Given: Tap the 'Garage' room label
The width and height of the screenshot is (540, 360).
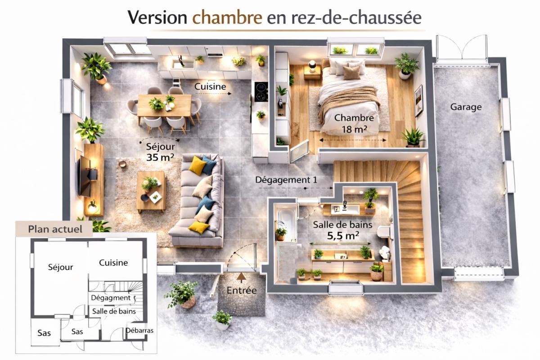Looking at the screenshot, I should pyautogui.click(x=466, y=107).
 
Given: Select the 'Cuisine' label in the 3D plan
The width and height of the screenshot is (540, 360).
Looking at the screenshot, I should pyautogui.click(x=210, y=86).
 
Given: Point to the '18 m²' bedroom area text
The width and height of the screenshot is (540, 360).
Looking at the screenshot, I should pyautogui.click(x=354, y=130).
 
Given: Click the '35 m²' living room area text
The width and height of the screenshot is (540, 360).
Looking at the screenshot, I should pyautogui.click(x=160, y=157).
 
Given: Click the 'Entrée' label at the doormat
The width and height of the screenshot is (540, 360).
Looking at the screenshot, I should pyautogui.click(x=241, y=291).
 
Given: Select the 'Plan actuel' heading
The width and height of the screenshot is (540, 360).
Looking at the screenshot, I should pyautogui.click(x=55, y=229).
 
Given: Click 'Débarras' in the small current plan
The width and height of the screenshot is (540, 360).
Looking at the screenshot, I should pyautogui.click(x=139, y=330).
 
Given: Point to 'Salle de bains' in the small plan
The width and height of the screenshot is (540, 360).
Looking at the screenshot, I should pyautogui.click(x=114, y=311).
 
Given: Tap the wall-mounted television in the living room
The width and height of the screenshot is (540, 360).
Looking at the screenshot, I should pyautogui.click(x=84, y=176).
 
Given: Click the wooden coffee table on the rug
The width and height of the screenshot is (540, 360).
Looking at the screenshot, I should pyautogui.click(x=151, y=191).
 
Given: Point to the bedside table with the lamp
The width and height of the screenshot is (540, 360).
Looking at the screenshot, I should pyautogui.click(x=312, y=72).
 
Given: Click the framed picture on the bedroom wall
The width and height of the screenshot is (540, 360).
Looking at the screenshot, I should pyautogui.click(x=418, y=100).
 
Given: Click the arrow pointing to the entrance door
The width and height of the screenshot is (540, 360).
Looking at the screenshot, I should pyautogui.click(x=241, y=276).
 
